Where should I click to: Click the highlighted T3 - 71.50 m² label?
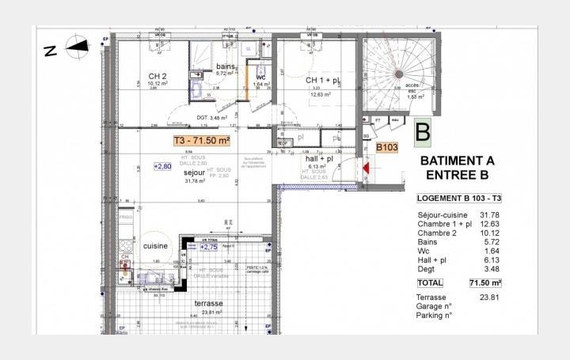click(202, 140)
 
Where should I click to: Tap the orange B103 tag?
click(387, 147)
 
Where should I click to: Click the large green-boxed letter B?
click(423, 129)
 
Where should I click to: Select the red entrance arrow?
click(367, 168)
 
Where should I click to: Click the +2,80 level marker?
click(163, 167)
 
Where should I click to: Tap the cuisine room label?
click(156, 246)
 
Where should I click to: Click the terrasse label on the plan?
click(209, 303)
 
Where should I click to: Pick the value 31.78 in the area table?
click(492, 215)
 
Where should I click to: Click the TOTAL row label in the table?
click(430, 282)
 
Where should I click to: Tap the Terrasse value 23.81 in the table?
click(492, 297)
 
